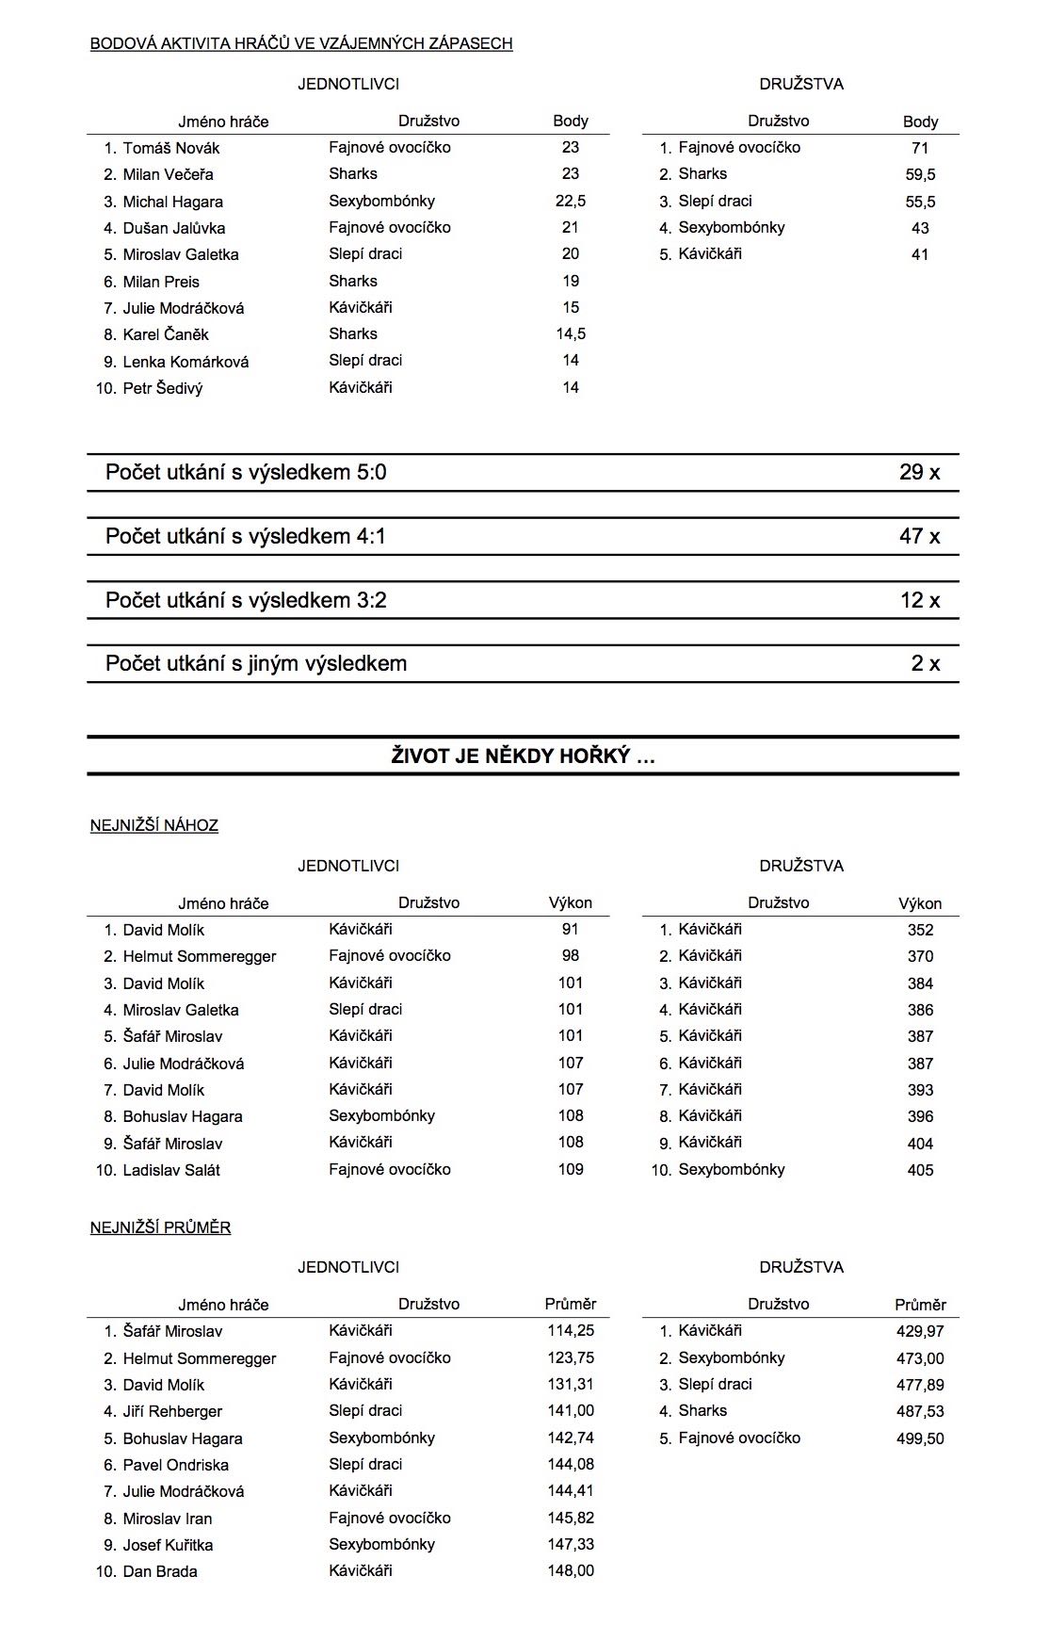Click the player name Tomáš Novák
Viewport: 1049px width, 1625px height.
tap(170, 148)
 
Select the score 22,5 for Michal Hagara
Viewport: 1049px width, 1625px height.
tap(570, 201)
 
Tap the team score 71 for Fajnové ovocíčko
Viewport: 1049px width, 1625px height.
tap(920, 148)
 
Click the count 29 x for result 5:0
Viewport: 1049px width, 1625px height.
tap(919, 472)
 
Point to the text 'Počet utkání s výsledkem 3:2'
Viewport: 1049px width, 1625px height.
tap(246, 600)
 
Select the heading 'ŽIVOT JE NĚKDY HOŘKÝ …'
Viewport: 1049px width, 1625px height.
tap(523, 756)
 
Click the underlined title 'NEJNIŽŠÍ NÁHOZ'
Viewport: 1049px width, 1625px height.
tap(154, 825)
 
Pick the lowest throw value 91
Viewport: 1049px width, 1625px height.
tap(570, 929)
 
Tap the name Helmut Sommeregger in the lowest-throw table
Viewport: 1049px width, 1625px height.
tap(200, 956)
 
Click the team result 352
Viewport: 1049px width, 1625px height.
tap(920, 930)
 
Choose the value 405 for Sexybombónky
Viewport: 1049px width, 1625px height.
tap(920, 1170)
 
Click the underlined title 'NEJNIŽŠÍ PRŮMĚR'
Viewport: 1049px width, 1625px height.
tap(160, 1227)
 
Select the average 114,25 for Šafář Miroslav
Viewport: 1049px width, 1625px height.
tap(571, 1331)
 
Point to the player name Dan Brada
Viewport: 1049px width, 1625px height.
tap(160, 1571)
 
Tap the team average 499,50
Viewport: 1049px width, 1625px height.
tap(920, 1438)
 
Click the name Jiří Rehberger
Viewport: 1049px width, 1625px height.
tap(172, 1411)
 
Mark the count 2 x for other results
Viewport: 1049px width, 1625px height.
tap(925, 663)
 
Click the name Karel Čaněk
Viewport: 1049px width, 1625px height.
tap(166, 334)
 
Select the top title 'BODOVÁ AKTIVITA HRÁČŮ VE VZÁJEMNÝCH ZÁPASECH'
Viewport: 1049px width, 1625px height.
tap(301, 43)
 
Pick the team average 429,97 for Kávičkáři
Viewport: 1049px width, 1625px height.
tap(920, 1331)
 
